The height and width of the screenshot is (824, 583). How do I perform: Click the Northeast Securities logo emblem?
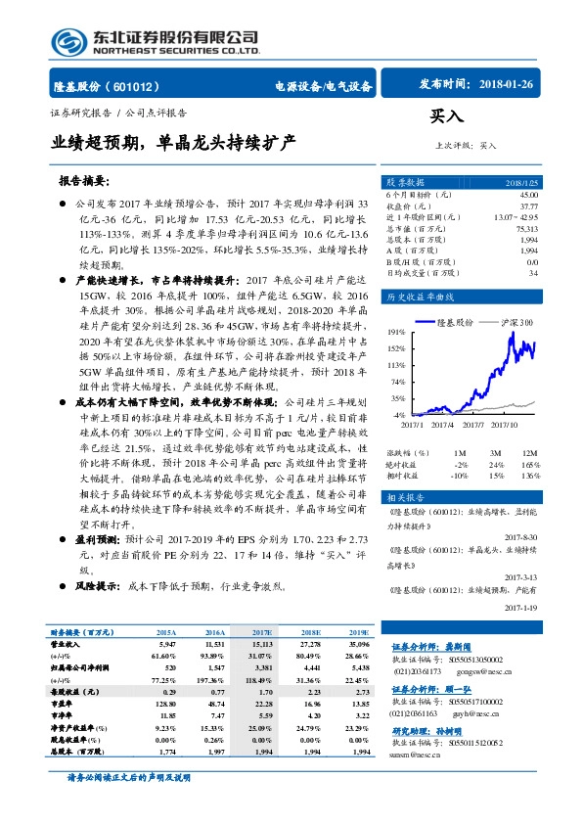(x=67, y=40)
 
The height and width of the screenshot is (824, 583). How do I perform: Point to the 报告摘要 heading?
(x=84, y=181)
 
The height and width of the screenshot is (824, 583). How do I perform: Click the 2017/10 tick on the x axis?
(x=505, y=425)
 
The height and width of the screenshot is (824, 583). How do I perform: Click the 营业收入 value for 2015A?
(x=165, y=646)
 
